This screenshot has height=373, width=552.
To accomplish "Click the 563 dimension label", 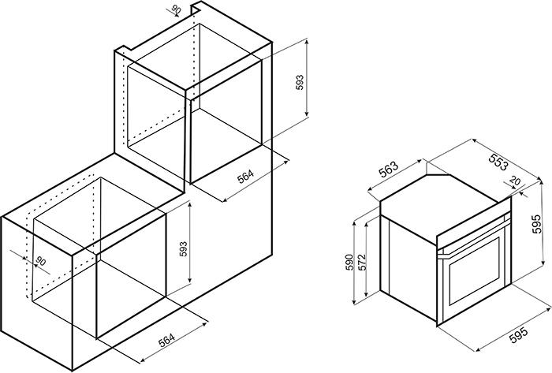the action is [x=388, y=170].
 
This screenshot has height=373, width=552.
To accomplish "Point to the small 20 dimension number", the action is [x=515, y=181].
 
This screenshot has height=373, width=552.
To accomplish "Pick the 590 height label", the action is [x=349, y=262].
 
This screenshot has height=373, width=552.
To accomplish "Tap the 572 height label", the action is [x=362, y=262].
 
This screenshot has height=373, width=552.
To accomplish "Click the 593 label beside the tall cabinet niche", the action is [x=300, y=82].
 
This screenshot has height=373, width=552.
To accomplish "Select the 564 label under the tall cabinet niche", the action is [x=245, y=177].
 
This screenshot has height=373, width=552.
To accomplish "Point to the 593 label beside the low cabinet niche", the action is [x=184, y=248].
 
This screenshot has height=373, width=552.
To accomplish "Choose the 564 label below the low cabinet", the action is [x=166, y=340].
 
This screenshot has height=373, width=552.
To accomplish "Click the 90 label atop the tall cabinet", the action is [x=176, y=9].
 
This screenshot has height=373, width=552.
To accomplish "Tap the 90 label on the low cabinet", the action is [x=41, y=261].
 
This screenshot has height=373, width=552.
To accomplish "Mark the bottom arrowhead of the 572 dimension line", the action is [x=367, y=294].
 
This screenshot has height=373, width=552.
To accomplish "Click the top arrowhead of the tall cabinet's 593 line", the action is [x=307, y=43].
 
